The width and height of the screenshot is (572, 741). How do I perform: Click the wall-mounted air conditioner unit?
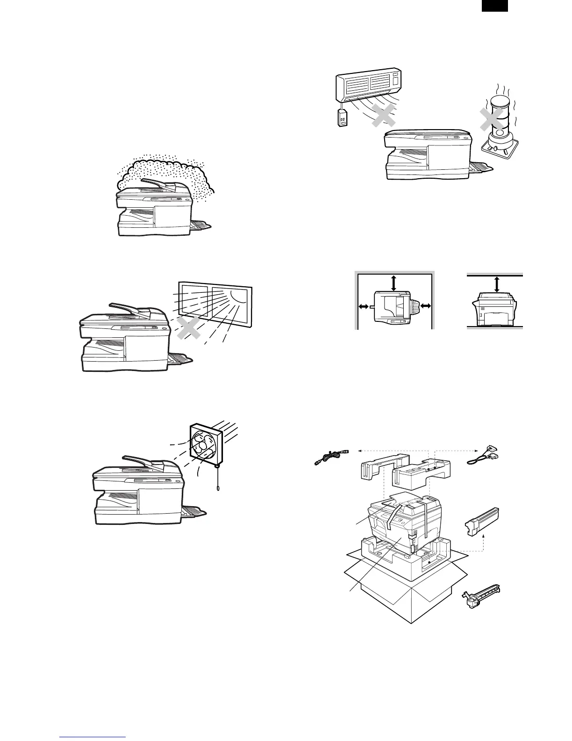point(370,86)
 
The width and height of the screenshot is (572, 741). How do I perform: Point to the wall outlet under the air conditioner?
point(342,119)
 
